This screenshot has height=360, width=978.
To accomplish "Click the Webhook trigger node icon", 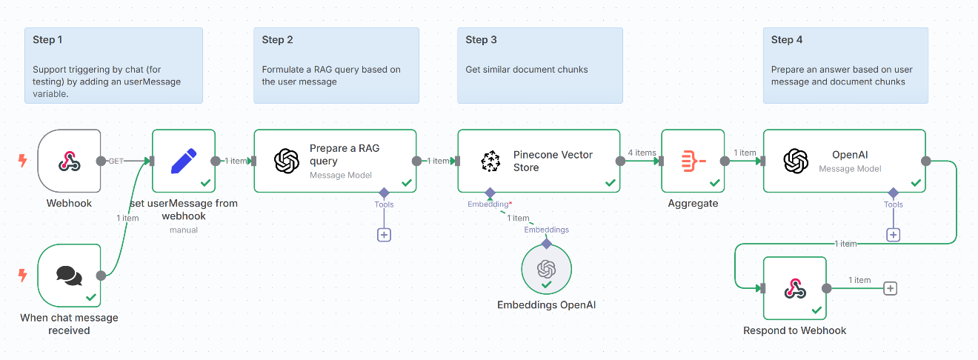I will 69,161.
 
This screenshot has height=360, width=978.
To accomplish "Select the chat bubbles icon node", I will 69,276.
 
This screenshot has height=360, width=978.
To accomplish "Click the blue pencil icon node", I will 183,161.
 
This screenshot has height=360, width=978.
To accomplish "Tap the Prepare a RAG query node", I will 335,161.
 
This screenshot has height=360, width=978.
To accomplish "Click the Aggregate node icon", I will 692,161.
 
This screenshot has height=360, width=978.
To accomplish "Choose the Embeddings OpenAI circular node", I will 546,268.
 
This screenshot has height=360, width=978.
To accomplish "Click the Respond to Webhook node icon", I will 794,289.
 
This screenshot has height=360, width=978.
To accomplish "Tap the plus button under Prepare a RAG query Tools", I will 384,235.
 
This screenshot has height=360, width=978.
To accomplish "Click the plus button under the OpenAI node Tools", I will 893,235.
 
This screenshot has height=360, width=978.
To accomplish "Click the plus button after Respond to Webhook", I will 890,289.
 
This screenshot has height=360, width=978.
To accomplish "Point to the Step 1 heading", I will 48,40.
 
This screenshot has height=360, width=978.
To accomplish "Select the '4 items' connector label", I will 641,153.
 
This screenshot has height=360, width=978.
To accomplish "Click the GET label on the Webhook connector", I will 116,161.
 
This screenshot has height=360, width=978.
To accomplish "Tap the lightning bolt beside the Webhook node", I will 22,161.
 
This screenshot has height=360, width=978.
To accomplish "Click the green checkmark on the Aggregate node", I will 714,182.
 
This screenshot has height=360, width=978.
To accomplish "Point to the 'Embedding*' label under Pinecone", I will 489,204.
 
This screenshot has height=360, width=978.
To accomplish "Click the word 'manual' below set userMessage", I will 183,230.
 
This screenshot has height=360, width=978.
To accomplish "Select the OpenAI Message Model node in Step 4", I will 844,161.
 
